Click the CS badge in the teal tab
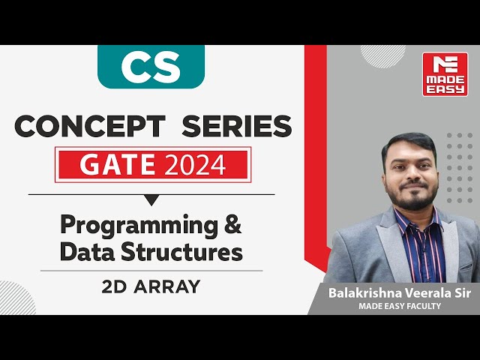[150, 67]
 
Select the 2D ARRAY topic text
[151, 286]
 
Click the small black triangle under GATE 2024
[151, 199]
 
